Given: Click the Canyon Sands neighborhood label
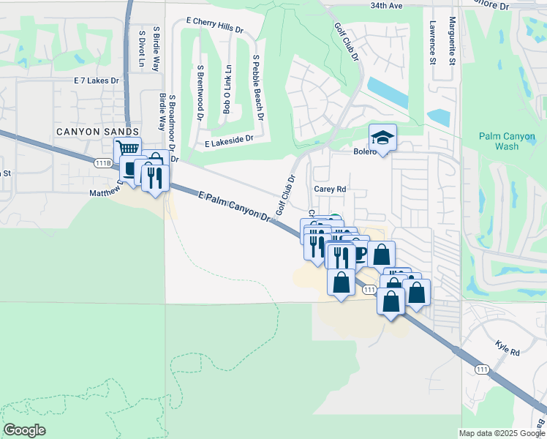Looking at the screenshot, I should tap(97, 131).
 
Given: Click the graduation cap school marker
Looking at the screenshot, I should tap(381, 137).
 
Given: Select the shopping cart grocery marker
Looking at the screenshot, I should tap(127, 149).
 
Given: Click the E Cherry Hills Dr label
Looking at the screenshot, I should tap(214, 24).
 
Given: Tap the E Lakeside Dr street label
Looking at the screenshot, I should tap(229, 138).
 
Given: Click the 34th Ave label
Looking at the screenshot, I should tap(386, 5).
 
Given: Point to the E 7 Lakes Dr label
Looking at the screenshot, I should tap(100, 81).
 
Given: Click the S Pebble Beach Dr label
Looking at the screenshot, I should tap(257, 87).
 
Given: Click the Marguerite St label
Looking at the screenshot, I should tap(453, 40).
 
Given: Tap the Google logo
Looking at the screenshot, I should tap(26, 430).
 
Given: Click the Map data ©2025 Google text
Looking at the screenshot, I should tap(502, 433).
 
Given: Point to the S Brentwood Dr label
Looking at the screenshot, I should tap(200, 87).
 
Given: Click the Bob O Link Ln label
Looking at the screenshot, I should tap(227, 89).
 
